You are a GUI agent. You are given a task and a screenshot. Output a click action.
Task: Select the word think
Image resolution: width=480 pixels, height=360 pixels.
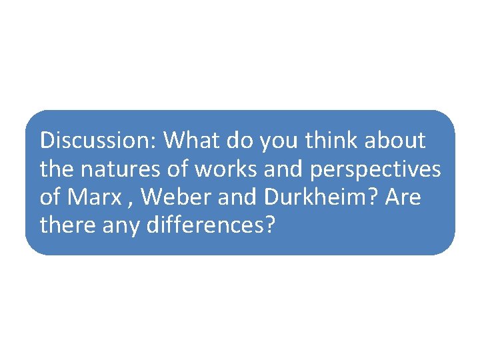pyautogui.click(x=327, y=141)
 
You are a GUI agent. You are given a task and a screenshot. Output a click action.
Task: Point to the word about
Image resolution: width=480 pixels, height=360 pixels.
pyautogui.click(x=394, y=141)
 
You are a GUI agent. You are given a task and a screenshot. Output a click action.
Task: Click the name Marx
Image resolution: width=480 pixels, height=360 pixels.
pyautogui.click(x=90, y=198)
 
